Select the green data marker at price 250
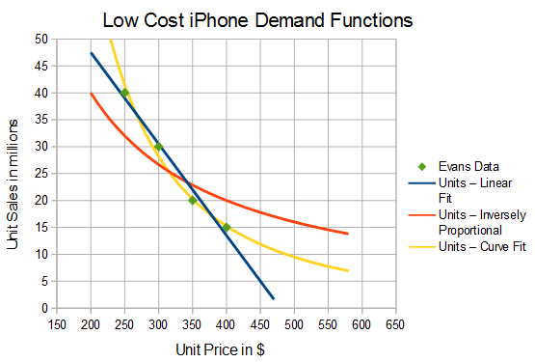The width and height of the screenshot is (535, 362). pyautogui.click(x=125, y=93)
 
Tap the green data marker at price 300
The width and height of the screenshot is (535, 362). pyautogui.click(x=159, y=147)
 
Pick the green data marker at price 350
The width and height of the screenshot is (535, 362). pyautogui.click(x=193, y=200)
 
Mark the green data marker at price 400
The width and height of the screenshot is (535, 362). pyautogui.click(x=227, y=227)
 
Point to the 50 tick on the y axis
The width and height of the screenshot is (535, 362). pyautogui.click(x=41, y=40)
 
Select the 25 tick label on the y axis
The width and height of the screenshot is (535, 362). pyautogui.click(x=41, y=174)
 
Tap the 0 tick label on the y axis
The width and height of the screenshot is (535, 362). pyautogui.click(x=44, y=308)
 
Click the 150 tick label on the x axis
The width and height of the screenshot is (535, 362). pyautogui.click(x=57, y=325)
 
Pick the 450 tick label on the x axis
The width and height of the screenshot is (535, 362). pyautogui.click(x=260, y=325)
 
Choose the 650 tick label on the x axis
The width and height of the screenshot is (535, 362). pyautogui.click(x=395, y=325)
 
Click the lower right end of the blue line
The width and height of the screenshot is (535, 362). pyautogui.click(x=274, y=298)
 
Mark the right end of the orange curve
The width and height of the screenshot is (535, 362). pyautogui.click(x=348, y=234)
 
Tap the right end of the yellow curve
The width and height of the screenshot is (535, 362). pyautogui.click(x=348, y=270)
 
